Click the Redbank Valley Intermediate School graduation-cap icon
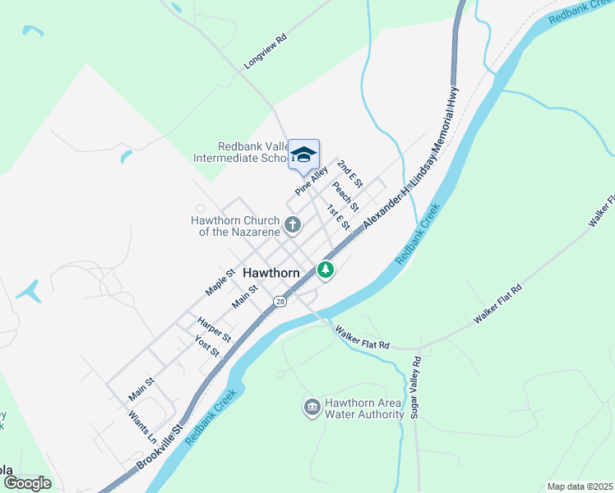303,154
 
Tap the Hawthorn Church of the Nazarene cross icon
293,224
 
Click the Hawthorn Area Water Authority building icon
312,408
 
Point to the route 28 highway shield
281,302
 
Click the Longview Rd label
266,51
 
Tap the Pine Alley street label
312,181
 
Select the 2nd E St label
350,174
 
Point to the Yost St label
207,346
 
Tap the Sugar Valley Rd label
417,387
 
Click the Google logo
27,483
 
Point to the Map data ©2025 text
579,486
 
